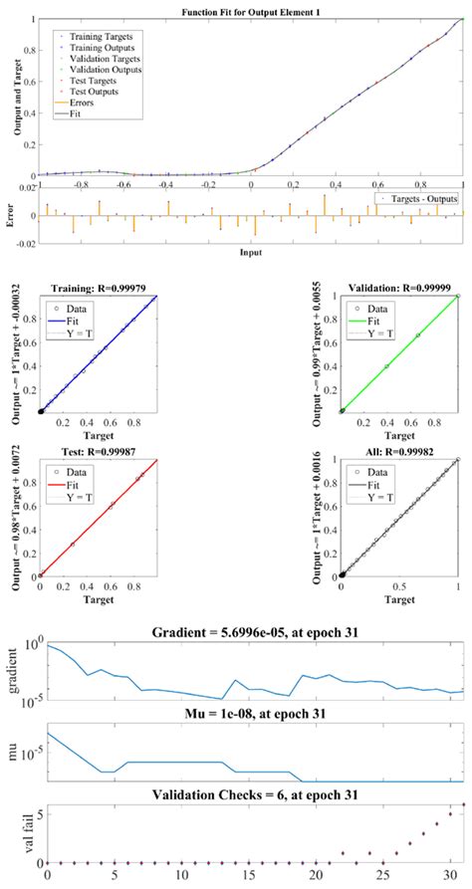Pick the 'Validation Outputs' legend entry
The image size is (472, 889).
101,70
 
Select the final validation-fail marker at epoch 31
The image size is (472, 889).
463,804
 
